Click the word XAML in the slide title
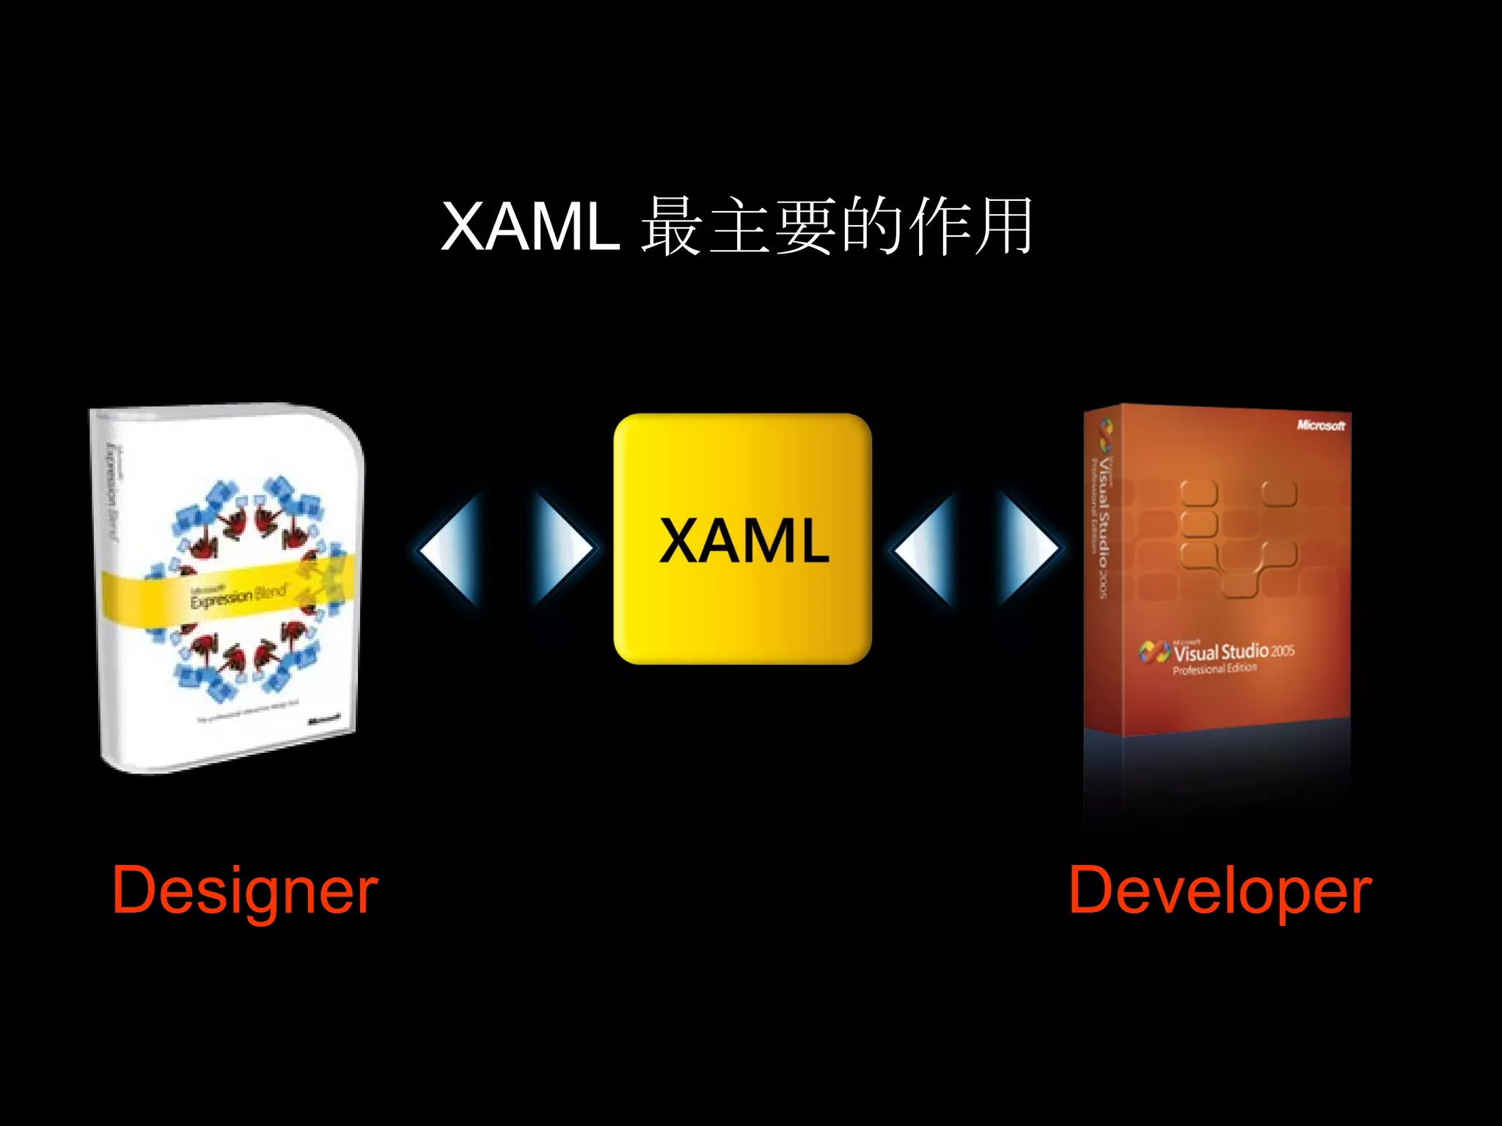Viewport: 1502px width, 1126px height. click(530, 227)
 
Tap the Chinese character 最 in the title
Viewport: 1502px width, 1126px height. click(672, 227)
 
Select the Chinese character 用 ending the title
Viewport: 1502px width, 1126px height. click(1004, 227)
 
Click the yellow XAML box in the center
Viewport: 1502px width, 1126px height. click(742, 539)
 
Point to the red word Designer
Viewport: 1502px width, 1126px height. click(245, 891)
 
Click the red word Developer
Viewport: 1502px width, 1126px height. click(1220, 891)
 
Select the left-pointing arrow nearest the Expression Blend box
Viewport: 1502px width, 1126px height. click(449, 548)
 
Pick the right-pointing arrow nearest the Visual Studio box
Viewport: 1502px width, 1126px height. click(1028, 548)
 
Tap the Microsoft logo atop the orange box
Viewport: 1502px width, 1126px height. click(1320, 425)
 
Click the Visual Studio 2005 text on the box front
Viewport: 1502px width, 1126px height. click(1234, 651)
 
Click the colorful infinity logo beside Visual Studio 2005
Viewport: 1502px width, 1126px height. click(1154, 651)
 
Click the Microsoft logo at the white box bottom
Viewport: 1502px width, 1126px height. click(323, 719)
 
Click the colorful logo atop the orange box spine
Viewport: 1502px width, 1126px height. click(1105, 435)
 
